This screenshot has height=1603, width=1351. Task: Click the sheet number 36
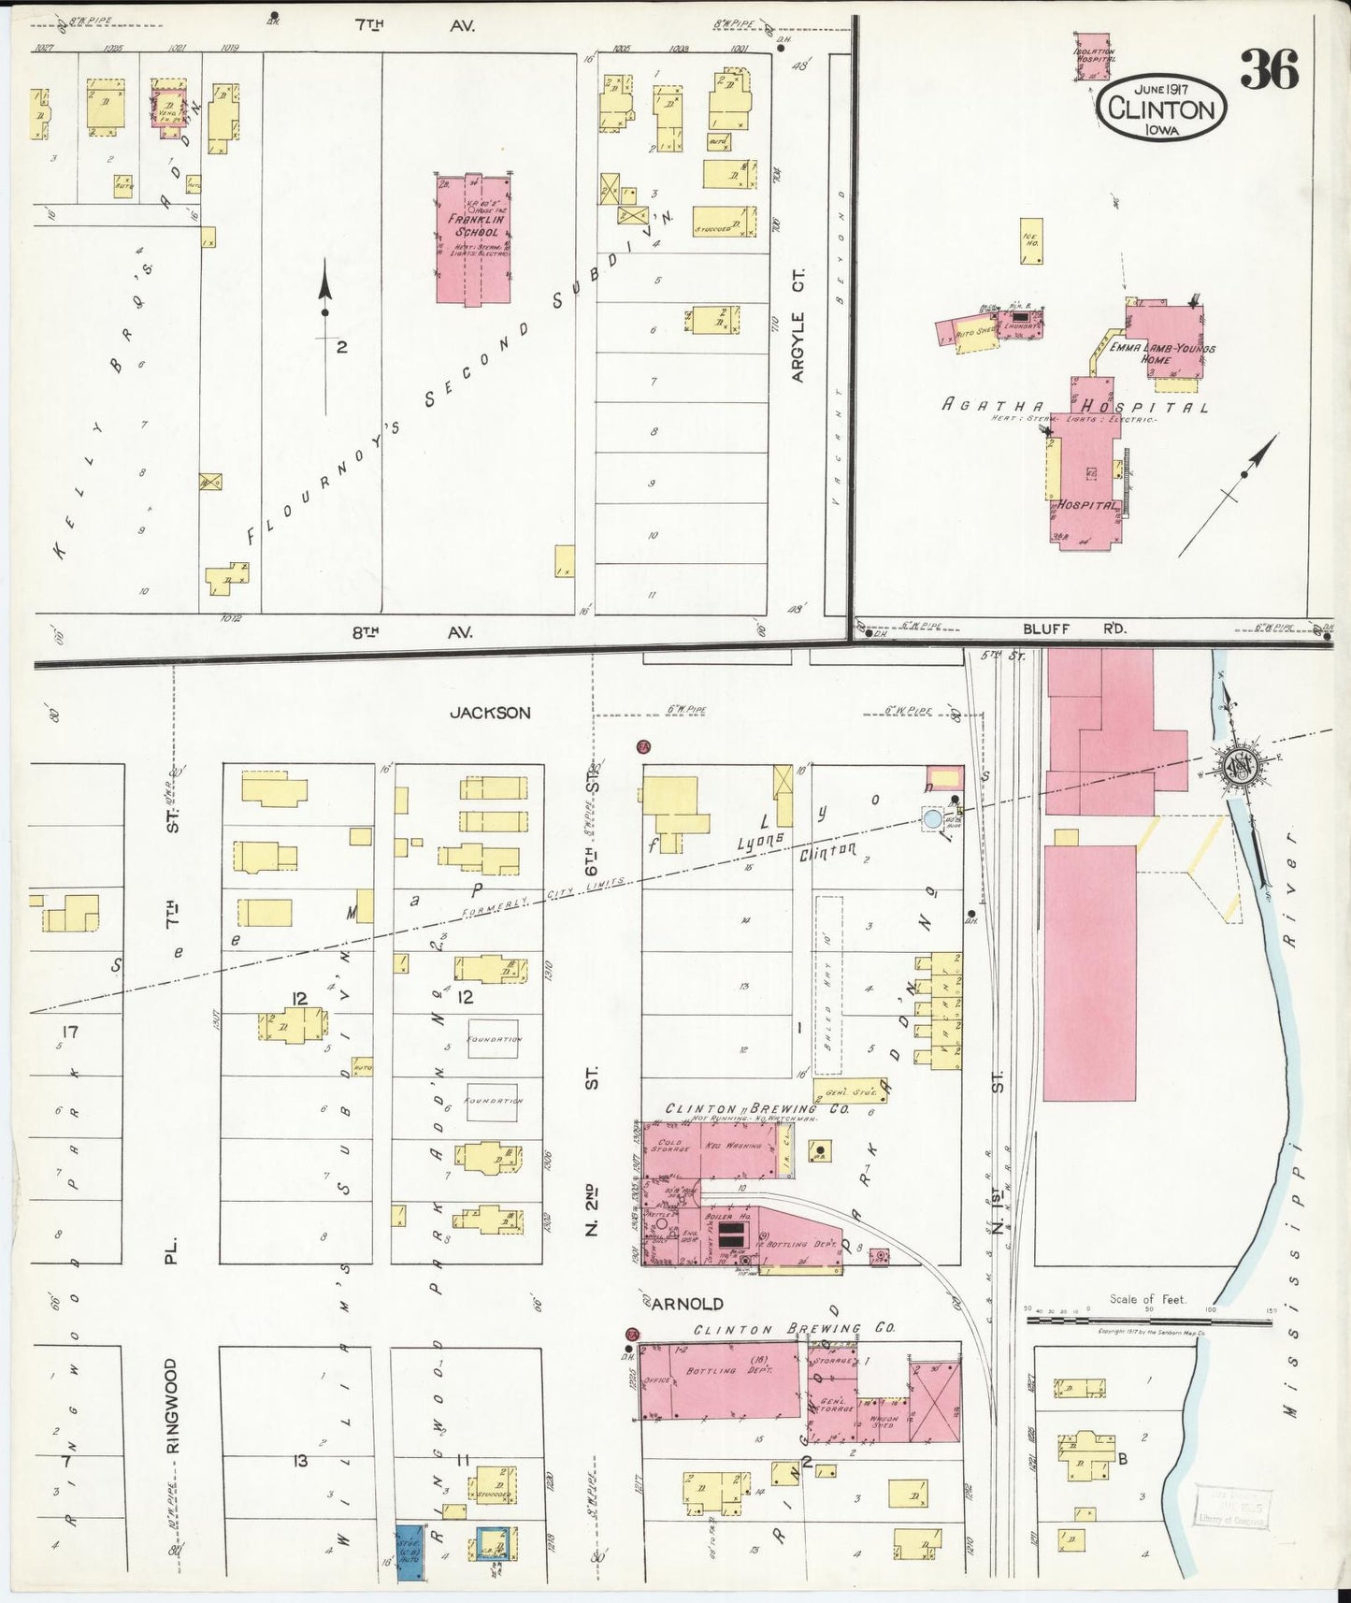[x=1270, y=71]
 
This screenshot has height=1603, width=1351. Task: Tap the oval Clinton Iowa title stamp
[x=1163, y=108]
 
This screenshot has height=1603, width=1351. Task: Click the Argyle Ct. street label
[x=797, y=325]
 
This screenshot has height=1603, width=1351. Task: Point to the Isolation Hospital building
[x=1093, y=56]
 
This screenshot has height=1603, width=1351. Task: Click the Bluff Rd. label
[x=1073, y=629]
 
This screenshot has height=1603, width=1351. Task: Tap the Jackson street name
[x=489, y=713]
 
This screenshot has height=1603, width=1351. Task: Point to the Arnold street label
[x=686, y=1304]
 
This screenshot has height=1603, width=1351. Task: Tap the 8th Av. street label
[x=412, y=632]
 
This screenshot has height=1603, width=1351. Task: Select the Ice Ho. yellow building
[x=1031, y=242]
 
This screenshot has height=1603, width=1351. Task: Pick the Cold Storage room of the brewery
[x=669, y=1147]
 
